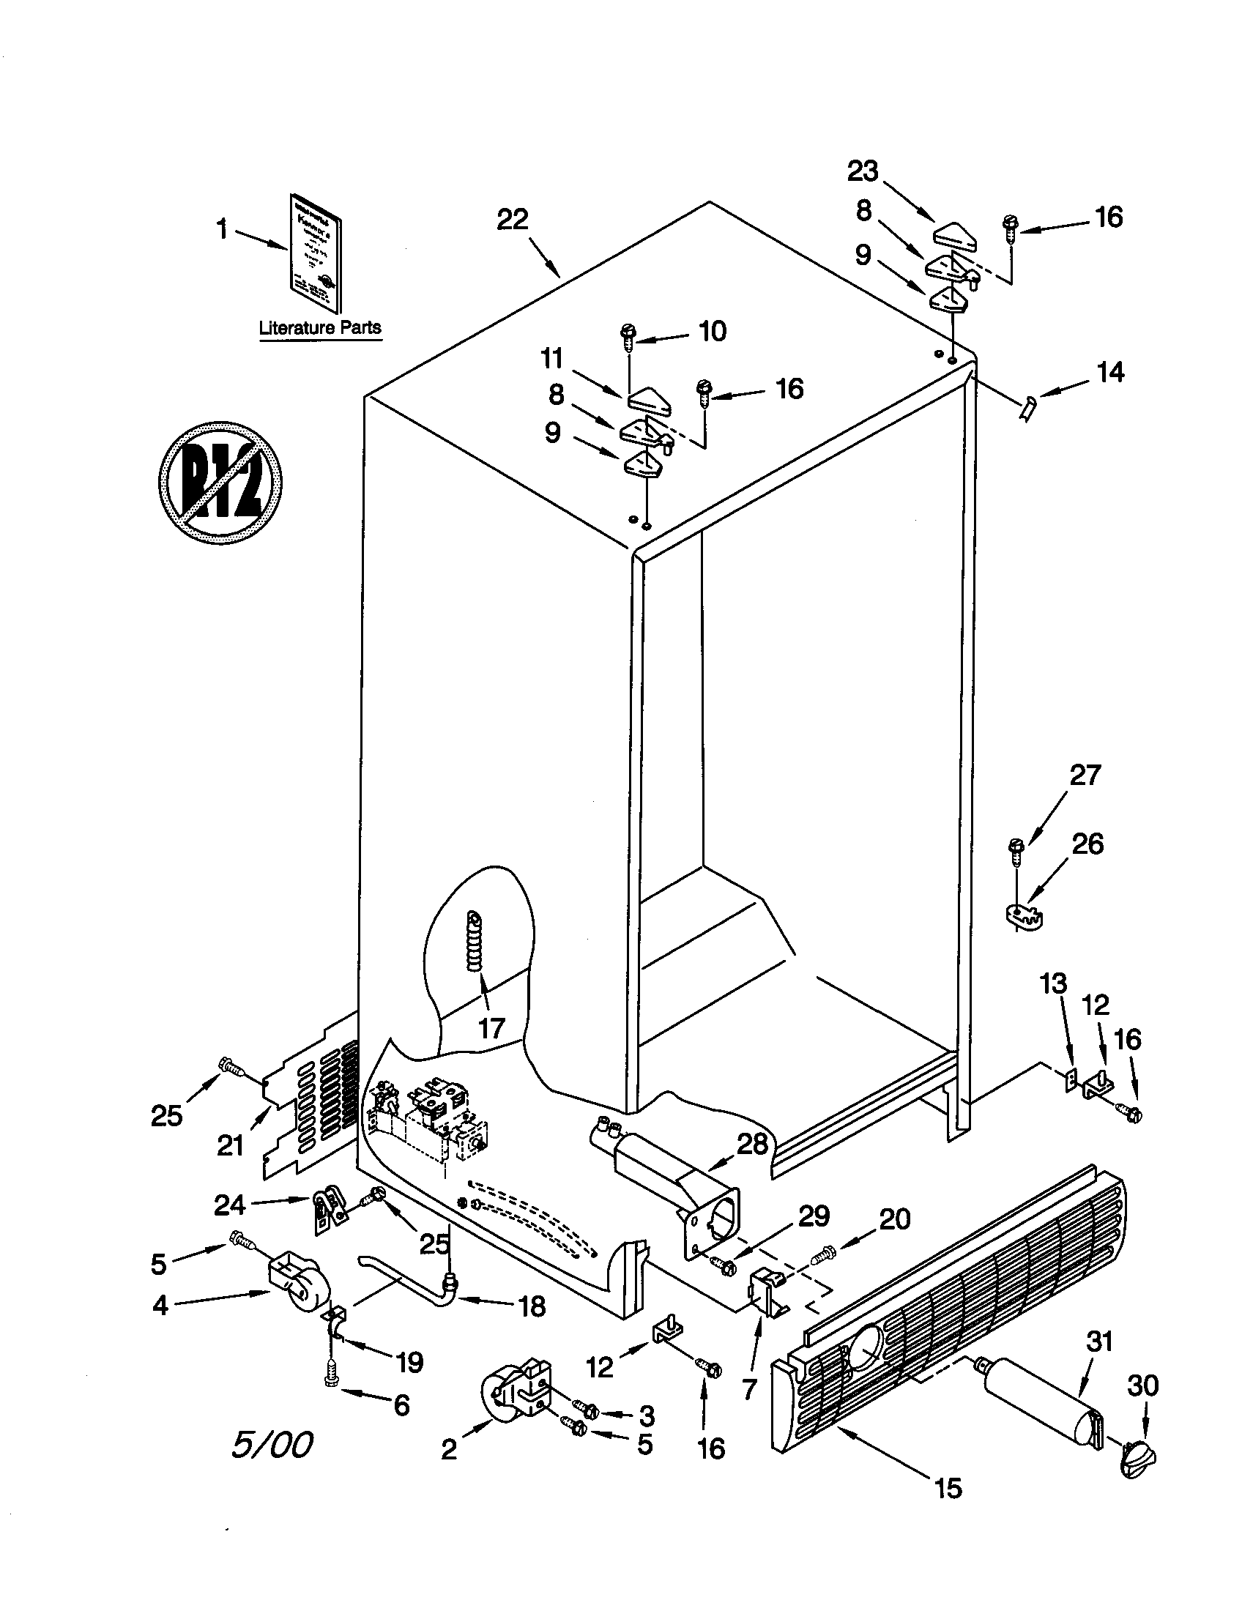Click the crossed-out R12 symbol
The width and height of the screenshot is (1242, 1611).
click(220, 483)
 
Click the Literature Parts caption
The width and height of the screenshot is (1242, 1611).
click(319, 328)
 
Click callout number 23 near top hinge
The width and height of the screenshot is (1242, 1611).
click(862, 171)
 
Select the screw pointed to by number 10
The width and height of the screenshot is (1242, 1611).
click(628, 335)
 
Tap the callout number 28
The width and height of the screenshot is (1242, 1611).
click(751, 1144)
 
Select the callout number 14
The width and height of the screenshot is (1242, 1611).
click(1110, 373)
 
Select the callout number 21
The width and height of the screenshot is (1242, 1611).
click(230, 1145)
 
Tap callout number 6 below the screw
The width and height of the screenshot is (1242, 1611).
click(401, 1405)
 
